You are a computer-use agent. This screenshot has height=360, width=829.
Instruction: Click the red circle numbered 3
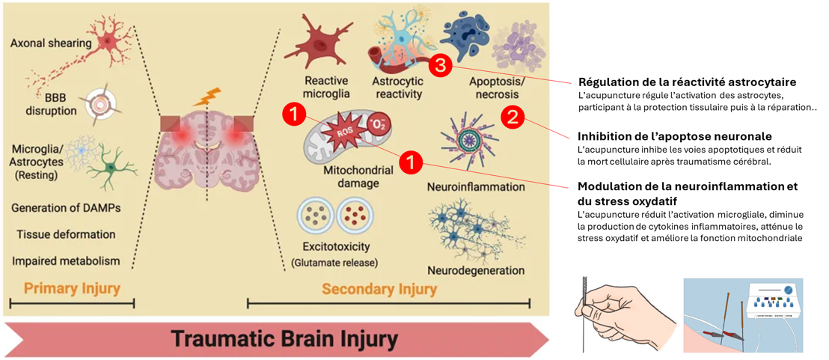click(x=440, y=67)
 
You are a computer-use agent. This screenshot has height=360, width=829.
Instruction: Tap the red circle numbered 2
click(x=513, y=116)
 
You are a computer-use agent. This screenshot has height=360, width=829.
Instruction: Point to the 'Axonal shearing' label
click(x=51, y=43)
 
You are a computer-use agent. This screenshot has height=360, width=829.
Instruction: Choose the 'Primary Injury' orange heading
click(x=72, y=288)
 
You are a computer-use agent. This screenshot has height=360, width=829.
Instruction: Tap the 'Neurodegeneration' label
click(x=476, y=269)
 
